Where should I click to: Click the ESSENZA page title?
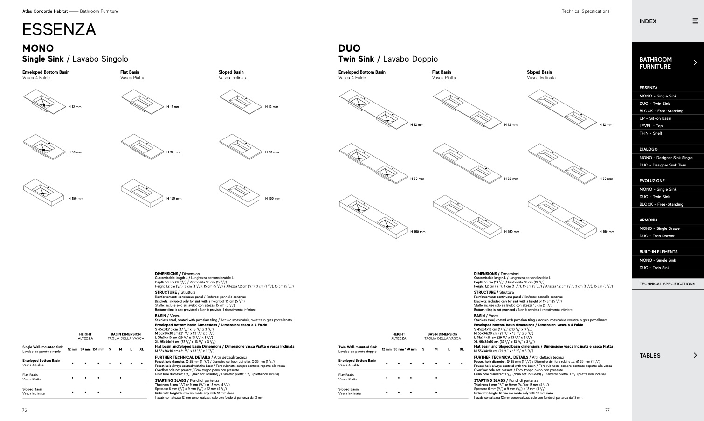pyautogui.click(x=59, y=29)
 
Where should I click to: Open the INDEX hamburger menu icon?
pyautogui.click(x=695, y=21)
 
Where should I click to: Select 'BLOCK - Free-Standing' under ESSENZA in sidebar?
pyautogui.click(x=661, y=111)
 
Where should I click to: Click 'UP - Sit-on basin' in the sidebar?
pyautogui.click(x=655, y=118)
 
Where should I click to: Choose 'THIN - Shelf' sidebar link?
pyautogui.click(x=650, y=133)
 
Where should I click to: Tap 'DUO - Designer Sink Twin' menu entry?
pyautogui.click(x=663, y=165)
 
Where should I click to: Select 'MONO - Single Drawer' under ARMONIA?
pyautogui.click(x=660, y=228)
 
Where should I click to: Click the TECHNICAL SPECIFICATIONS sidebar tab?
pyautogui.click(x=667, y=284)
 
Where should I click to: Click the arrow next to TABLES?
pyautogui.click(x=695, y=355)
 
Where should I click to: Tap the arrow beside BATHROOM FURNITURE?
pyautogui.click(x=695, y=62)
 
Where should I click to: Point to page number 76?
pyautogui.click(x=25, y=410)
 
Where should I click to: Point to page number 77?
pyautogui.click(x=607, y=410)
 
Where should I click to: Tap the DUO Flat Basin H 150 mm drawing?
pyautogui.click(x=467, y=215)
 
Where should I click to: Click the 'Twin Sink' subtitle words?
pyautogui.click(x=356, y=59)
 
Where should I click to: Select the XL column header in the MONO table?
pyautogui.click(x=141, y=349)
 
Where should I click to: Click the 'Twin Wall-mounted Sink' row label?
pyautogui.click(x=357, y=347)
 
